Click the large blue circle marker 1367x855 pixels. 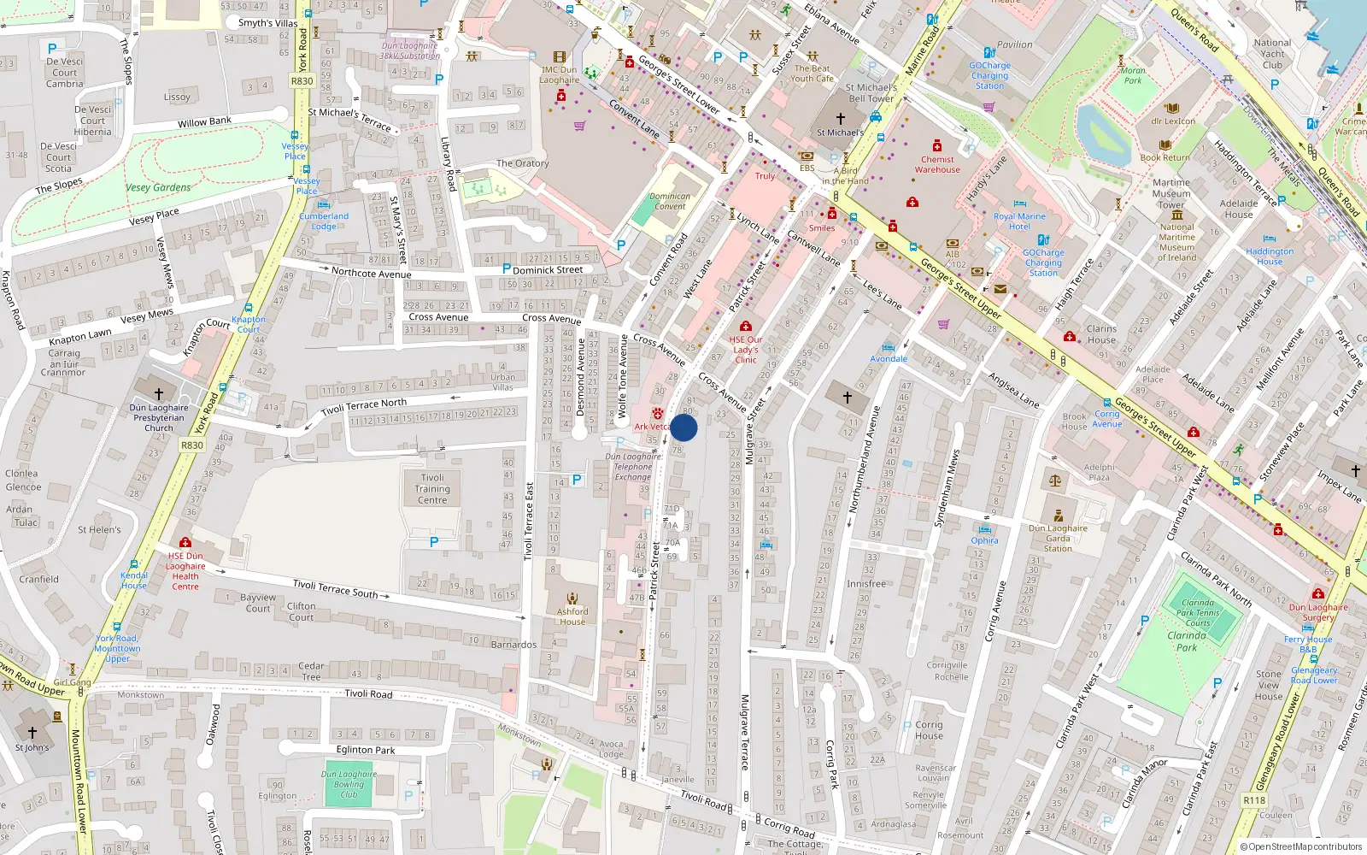683,428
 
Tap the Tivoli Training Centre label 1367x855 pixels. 432,489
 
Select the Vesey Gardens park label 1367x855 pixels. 158,187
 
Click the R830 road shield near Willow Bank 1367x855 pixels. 302,81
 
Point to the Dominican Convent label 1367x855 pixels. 670,201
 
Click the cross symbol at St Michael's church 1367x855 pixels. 840,119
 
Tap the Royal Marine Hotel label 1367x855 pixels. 1019,221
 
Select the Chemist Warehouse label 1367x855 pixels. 937,164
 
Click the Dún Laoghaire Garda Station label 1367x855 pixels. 1058,538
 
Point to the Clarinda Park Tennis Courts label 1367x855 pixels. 1197,612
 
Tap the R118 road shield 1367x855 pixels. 1254,800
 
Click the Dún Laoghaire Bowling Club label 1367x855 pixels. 349,784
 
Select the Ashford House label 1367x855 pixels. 572,616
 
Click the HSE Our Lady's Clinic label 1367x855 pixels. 745,349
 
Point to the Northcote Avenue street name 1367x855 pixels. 371,274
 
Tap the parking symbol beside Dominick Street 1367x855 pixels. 506,268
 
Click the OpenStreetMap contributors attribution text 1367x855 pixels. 1300,846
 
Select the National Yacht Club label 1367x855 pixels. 1272,54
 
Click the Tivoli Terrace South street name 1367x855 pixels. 335,588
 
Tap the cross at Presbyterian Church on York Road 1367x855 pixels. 158,394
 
